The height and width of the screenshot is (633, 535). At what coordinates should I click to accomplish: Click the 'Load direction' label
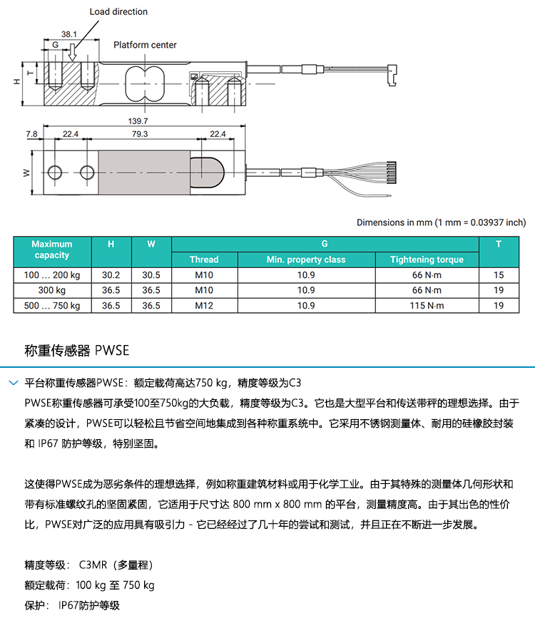click(x=118, y=11)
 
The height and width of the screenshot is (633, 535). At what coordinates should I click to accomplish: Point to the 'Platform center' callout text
click(x=145, y=45)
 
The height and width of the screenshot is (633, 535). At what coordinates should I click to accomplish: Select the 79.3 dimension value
click(x=140, y=134)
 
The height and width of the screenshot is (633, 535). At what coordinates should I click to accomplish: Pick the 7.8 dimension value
click(x=31, y=134)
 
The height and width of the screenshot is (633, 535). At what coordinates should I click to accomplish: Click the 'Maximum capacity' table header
click(x=52, y=249)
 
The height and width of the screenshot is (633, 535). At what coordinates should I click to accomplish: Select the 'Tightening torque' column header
click(x=427, y=259)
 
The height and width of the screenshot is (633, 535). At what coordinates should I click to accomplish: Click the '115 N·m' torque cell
click(x=427, y=306)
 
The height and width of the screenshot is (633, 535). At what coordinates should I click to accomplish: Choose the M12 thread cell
click(x=204, y=306)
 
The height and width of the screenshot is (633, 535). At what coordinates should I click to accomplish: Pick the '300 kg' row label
click(x=52, y=290)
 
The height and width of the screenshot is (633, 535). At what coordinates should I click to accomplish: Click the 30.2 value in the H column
click(x=111, y=274)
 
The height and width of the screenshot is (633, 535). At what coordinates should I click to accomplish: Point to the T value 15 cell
click(x=499, y=274)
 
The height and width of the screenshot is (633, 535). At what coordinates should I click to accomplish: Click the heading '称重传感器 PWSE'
click(x=76, y=351)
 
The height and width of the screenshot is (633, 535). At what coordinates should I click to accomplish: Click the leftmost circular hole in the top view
click(x=55, y=173)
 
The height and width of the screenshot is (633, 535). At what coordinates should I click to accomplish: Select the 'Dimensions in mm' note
click(x=441, y=222)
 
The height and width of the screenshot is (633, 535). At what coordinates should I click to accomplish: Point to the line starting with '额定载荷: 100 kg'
click(x=89, y=585)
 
